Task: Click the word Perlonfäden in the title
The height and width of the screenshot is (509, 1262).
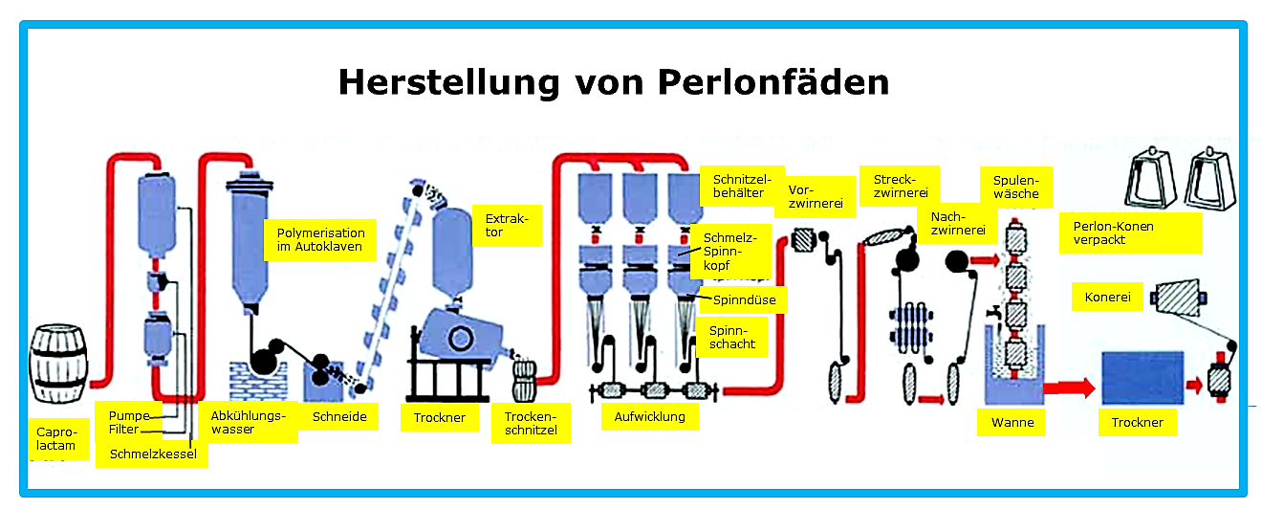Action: click(772, 82)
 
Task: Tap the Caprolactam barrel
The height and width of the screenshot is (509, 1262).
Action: click(58, 364)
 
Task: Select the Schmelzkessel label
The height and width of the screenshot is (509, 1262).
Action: click(153, 454)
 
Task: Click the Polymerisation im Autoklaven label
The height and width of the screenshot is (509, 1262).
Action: click(320, 239)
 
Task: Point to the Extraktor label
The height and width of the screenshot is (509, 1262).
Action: click(507, 226)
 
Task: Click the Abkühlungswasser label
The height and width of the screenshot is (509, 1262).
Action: click(248, 422)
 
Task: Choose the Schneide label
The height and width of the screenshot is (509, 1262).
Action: click(339, 416)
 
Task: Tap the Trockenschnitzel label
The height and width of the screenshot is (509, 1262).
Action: click(531, 423)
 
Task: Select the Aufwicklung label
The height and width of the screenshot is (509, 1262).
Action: click(649, 416)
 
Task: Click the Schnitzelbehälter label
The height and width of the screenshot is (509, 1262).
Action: click(742, 186)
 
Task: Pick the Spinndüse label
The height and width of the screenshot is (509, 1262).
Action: click(744, 299)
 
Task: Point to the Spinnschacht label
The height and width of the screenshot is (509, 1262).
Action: click(731, 337)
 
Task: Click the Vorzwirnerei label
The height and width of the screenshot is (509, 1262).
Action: click(816, 197)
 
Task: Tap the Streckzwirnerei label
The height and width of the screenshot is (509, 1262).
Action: click(900, 186)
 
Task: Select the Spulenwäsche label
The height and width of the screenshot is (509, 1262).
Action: click(1015, 188)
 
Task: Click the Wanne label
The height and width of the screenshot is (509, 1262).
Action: click(1012, 422)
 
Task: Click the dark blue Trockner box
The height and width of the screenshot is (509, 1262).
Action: click(1142, 378)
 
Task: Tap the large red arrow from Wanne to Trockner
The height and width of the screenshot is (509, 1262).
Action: click(1069, 387)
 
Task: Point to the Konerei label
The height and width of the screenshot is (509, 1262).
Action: click(1107, 297)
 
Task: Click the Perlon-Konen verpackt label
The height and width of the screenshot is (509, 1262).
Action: click(1131, 232)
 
